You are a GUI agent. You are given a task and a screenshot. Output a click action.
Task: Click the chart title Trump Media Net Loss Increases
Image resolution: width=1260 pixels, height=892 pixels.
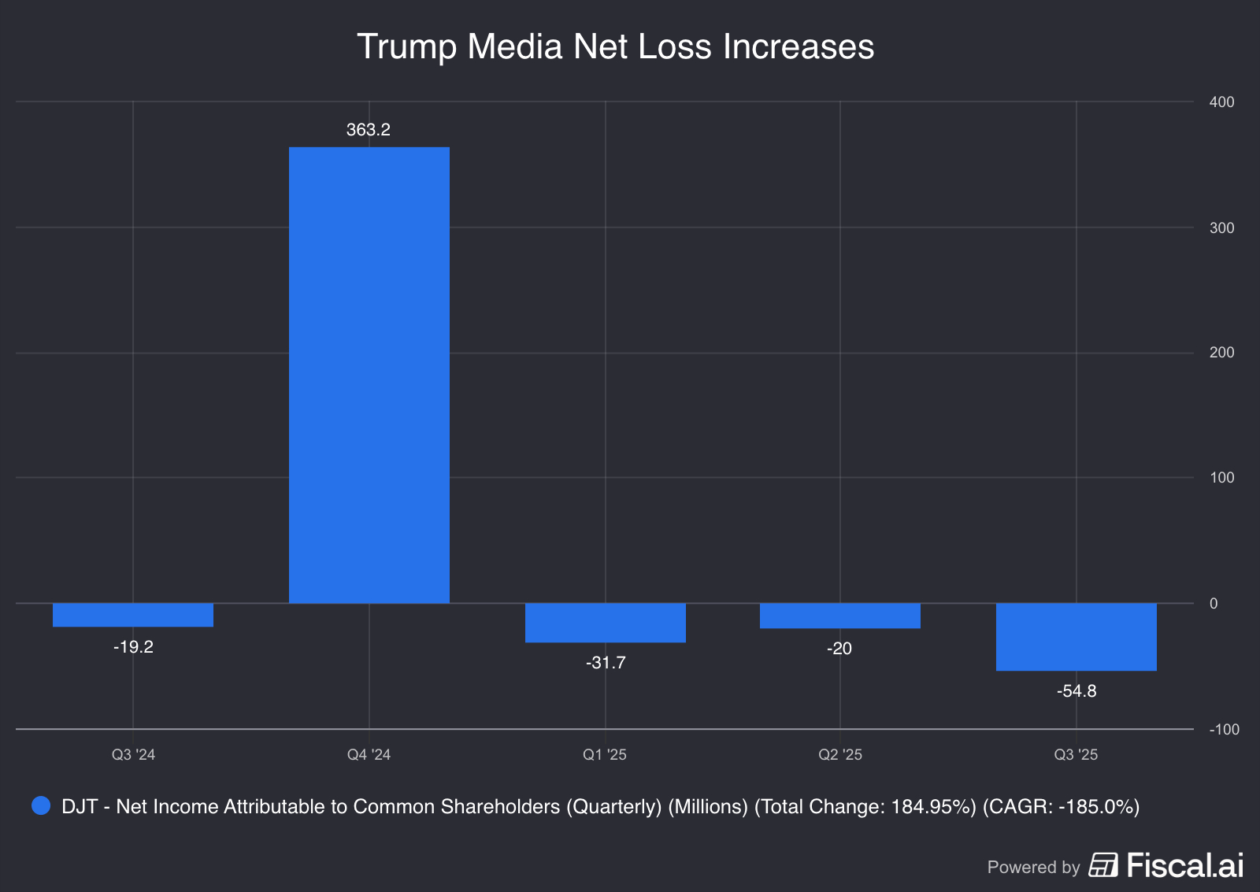click(x=615, y=46)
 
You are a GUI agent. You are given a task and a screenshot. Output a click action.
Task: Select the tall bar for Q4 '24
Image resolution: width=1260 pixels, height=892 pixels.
click(x=369, y=375)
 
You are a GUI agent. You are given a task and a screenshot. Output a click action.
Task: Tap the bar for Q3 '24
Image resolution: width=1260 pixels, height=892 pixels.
click(x=133, y=615)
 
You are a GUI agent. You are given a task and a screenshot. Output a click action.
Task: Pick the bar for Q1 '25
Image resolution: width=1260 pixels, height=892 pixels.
click(x=605, y=623)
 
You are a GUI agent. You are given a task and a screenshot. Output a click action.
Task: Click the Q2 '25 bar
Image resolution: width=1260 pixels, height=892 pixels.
click(x=839, y=616)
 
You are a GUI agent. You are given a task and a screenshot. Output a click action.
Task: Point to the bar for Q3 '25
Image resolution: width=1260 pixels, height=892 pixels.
click(x=1076, y=637)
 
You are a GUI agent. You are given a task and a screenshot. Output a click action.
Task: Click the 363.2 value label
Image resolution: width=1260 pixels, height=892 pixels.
click(x=369, y=130)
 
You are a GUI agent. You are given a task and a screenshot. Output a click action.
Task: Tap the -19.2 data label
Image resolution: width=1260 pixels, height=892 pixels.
click(x=133, y=647)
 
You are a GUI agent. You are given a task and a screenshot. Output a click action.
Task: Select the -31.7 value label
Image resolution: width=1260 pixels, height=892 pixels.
click(x=605, y=663)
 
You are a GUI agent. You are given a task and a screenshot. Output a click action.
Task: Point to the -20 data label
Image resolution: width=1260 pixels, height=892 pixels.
click(x=839, y=649)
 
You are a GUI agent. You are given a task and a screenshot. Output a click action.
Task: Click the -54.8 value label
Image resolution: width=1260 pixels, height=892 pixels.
click(x=1076, y=691)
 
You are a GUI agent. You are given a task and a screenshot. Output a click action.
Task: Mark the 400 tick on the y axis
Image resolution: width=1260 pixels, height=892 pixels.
click(x=1221, y=102)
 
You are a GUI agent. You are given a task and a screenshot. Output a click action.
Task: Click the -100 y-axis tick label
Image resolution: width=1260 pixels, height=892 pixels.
click(x=1224, y=730)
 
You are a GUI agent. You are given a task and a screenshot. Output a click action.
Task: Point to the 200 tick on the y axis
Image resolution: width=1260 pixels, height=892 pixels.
click(x=1221, y=353)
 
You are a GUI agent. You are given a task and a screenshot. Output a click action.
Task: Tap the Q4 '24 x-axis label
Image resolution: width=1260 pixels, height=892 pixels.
click(x=369, y=755)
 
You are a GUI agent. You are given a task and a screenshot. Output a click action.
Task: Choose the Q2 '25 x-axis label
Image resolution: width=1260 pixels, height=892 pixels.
click(x=839, y=755)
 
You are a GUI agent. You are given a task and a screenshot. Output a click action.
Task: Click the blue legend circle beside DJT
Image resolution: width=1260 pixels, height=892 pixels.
click(x=41, y=806)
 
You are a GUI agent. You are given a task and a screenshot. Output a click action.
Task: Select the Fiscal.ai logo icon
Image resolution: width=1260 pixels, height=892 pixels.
click(x=1102, y=865)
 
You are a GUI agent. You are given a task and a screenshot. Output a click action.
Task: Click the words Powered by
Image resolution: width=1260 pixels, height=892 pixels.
click(x=1033, y=867)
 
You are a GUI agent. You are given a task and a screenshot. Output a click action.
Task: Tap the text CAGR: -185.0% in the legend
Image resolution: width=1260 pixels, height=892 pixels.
click(x=1061, y=807)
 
